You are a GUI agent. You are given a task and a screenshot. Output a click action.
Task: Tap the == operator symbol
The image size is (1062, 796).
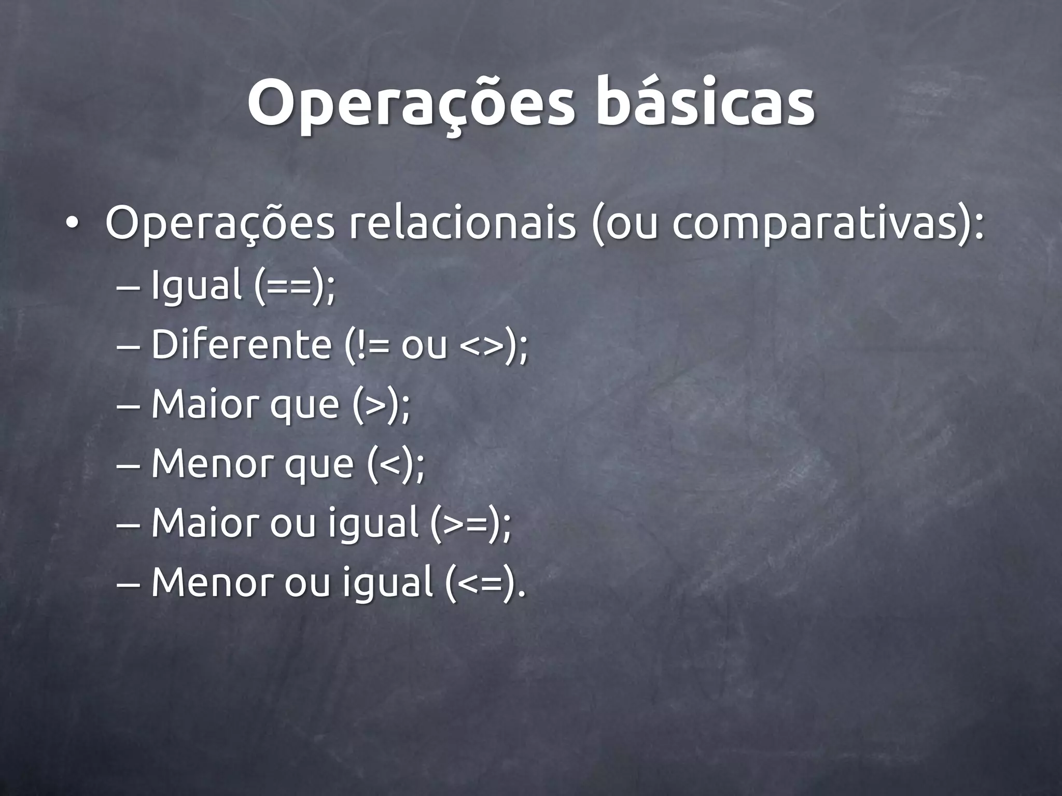(291, 286)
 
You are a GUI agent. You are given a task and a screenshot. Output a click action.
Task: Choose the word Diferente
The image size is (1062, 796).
(241, 345)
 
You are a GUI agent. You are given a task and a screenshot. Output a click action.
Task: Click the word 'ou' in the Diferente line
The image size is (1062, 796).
(424, 346)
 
